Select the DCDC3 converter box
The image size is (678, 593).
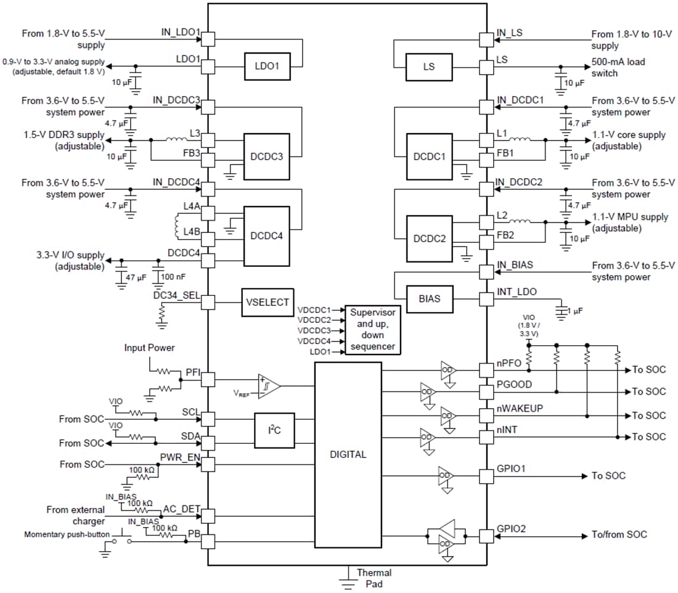click(267, 157)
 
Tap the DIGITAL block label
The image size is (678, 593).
click(348, 454)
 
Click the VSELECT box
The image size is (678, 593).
click(267, 303)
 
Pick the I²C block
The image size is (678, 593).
click(274, 430)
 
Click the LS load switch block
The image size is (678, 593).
click(428, 67)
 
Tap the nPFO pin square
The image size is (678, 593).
click(487, 370)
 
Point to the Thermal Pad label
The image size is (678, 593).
click(374, 578)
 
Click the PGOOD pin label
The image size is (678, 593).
click(514, 384)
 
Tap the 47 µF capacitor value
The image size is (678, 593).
click(135, 278)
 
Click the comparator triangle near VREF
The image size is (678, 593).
click(268, 386)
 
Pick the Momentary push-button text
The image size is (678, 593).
click(67, 534)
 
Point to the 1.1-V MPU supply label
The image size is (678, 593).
click(629, 223)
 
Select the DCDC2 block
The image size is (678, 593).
click(429, 239)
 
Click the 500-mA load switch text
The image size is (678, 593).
click(618, 67)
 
